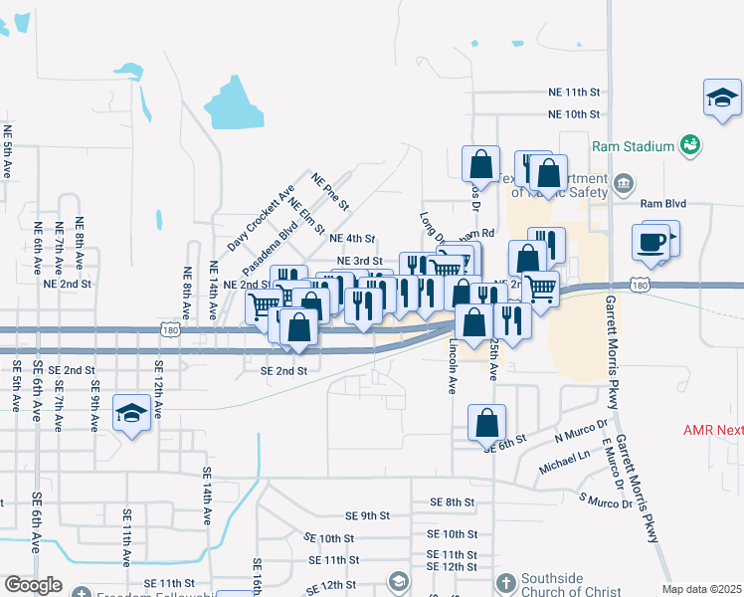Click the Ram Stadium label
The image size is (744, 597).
pos(634,146)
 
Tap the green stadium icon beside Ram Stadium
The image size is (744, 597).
pos(690,145)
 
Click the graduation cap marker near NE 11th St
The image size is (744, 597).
pos(723,99)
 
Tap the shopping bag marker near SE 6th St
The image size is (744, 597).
pos(486,422)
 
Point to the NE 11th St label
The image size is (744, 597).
pos(575,91)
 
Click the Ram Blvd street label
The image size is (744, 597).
pos(663,203)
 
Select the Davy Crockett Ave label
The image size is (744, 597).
pos(262,216)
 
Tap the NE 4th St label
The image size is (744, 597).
pos(352,239)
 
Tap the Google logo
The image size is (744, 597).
pos(33,585)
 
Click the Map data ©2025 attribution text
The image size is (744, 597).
pos(700,589)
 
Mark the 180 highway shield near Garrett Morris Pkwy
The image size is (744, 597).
pos(642,287)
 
